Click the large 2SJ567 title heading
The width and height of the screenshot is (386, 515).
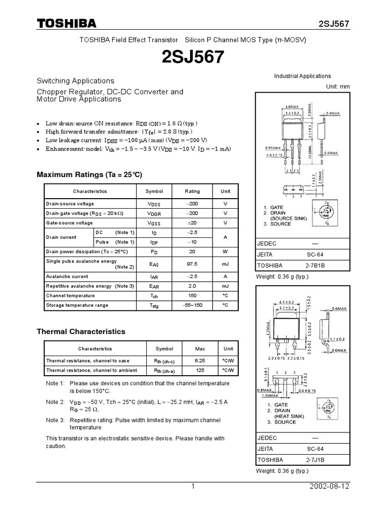coord(192,58)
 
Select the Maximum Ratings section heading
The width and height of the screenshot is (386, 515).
coord(90,175)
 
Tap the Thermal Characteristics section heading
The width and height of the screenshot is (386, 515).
coord(81,332)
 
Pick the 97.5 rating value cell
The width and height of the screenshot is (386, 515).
coord(192,264)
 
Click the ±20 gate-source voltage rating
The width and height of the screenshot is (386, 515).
coord(192,223)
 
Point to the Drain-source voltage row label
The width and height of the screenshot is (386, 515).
coord(70,204)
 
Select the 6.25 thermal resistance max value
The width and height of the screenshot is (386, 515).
coord(200,361)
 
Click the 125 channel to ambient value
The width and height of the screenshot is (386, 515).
coord(200,371)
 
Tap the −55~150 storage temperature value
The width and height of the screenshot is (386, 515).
coord(192,305)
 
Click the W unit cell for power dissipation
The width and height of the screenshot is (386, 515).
coord(225,251)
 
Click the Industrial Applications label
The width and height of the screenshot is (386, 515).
coord(302,76)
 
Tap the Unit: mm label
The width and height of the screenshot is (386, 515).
coord(338,87)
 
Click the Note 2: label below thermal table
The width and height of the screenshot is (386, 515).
coord(55,402)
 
